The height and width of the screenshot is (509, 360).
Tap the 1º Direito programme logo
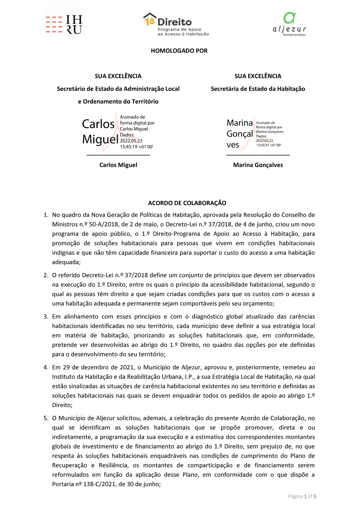pos(176,24)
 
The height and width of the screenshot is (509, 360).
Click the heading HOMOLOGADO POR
pos(179,51)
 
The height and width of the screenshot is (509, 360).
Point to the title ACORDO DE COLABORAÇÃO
pos(187,203)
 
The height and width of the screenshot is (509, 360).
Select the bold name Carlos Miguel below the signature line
pos(118,165)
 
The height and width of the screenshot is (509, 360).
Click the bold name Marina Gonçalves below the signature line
pos(258,165)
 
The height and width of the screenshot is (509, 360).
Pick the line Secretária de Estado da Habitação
pos(258,89)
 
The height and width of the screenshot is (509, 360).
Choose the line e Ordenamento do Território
pos(118,102)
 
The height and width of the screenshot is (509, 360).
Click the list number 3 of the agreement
pos(46,316)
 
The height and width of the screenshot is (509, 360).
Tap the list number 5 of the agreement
pos(46,418)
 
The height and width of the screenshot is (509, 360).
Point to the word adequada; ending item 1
pos(66,262)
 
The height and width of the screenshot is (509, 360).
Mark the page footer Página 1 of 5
pos(302,496)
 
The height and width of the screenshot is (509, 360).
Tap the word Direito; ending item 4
pos(62,405)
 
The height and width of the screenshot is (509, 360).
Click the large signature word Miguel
pos(100,139)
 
